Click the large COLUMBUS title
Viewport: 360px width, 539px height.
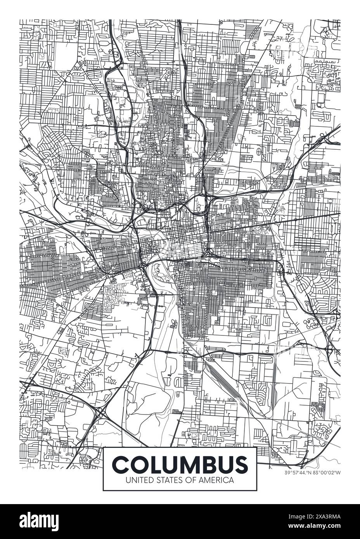coord(180,464)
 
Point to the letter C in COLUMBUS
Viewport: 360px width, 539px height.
coord(121,464)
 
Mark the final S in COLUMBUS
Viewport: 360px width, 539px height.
coord(239,464)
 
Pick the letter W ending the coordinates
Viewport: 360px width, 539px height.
coord(339,473)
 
